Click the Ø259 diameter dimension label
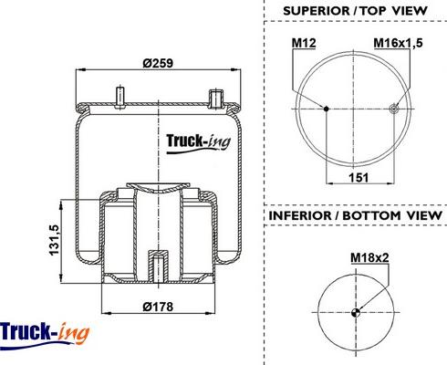[158, 63]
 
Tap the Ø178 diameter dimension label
[158, 307]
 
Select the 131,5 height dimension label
[54, 240]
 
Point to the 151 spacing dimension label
[359, 177]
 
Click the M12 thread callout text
[304, 43]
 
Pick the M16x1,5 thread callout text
[398, 43]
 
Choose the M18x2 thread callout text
[369, 257]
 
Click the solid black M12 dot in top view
[327, 109]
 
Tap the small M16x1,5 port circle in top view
[394, 109]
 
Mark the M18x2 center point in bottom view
[356, 312]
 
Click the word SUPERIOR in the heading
[317, 11]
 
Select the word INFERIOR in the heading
[300, 215]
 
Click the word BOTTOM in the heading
[371, 215]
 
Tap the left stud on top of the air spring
[120, 97]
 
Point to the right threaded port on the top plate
[216, 99]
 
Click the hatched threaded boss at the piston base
[158, 266]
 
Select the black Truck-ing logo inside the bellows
[198, 143]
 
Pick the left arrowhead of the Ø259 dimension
[79, 69]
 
